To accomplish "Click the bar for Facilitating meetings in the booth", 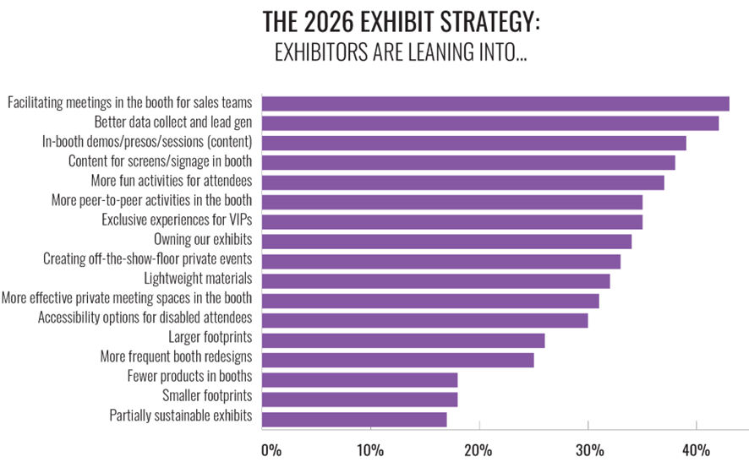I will point(495,104).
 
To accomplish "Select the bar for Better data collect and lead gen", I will point(490,123).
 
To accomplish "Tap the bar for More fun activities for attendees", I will point(463,182).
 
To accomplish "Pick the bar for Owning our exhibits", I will point(446,242).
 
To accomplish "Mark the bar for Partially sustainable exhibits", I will point(354,419).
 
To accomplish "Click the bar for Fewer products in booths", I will point(359,379).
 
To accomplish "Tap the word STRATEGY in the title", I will point(480,22).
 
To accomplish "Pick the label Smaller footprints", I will point(207,396).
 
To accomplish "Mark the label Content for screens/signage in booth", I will point(160,162).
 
